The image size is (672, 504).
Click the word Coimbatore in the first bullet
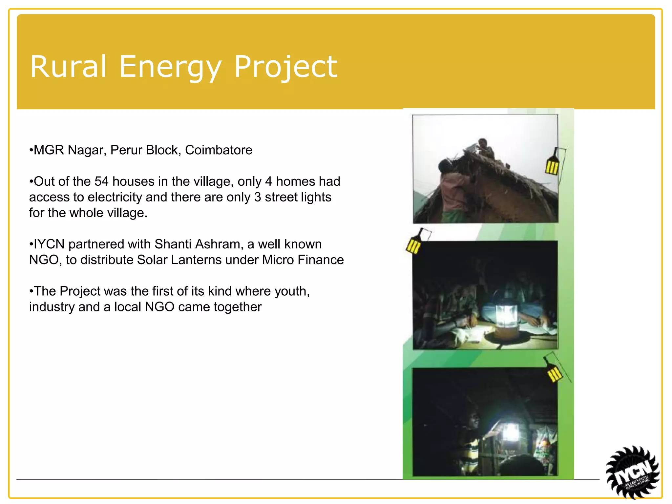click(x=219, y=150)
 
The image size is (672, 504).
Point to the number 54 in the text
click(x=101, y=181)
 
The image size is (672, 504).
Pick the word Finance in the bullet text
click(x=320, y=260)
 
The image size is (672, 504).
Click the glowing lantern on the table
click(x=506, y=317)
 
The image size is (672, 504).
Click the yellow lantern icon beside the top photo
click(x=552, y=165)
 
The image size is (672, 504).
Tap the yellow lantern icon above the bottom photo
click(x=554, y=372)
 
